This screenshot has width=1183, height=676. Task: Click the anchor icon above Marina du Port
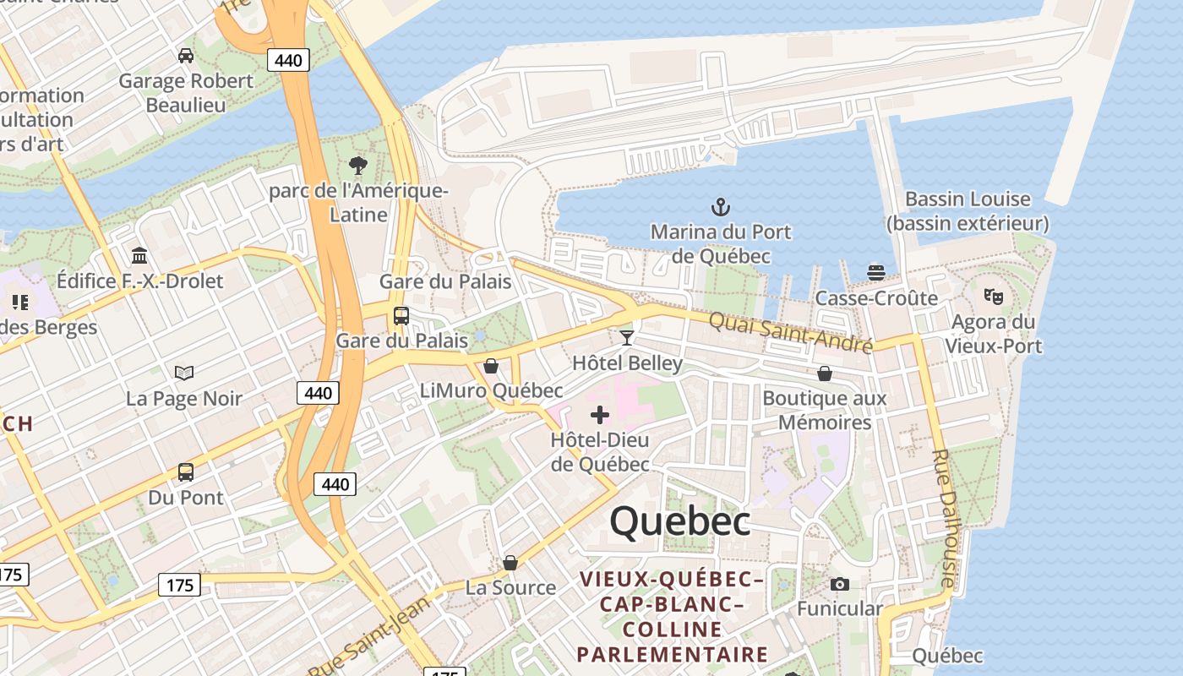click(x=720, y=206)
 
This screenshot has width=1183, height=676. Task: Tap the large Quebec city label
click(x=679, y=521)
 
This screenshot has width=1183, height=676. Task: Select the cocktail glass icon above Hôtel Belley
click(x=626, y=338)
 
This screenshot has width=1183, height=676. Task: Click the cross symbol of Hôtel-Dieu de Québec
click(x=599, y=415)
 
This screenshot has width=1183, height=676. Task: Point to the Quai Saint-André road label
click(x=790, y=333)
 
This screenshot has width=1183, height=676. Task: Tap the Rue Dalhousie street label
click(x=943, y=517)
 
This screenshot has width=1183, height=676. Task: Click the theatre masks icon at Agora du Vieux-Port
click(x=993, y=297)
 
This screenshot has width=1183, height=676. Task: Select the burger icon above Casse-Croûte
click(x=876, y=272)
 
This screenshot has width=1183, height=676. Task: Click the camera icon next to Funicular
click(x=839, y=584)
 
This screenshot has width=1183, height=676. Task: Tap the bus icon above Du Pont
click(x=186, y=472)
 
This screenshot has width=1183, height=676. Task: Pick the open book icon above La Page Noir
click(x=184, y=373)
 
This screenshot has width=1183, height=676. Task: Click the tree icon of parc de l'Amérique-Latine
click(x=358, y=165)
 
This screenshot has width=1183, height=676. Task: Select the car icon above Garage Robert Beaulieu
click(x=186, y=56)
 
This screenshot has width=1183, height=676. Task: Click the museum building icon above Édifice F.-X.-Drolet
click(x=139, y=255)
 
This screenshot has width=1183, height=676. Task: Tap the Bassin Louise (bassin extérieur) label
click(x=968, y=211)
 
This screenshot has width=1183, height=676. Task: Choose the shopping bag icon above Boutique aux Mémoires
click(x=825, y=373)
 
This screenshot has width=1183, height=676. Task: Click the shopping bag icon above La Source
click(x=510, y=563)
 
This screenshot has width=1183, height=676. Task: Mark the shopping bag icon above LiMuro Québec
click(x=491, y=366)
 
